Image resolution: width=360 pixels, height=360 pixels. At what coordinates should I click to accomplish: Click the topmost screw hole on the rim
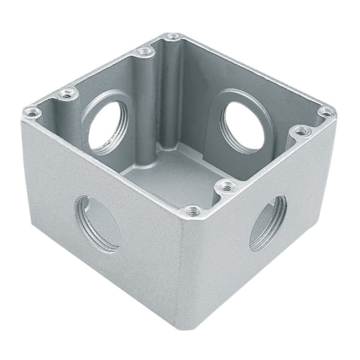pos(173,37)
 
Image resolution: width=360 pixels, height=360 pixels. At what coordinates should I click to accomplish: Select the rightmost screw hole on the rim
pos(326,112)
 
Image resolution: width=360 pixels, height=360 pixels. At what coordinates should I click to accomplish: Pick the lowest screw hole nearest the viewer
pos(192,210)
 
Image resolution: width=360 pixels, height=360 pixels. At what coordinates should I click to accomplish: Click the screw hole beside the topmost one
pos(145,52)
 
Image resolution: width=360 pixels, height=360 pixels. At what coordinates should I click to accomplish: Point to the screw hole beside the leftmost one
pos(68,93)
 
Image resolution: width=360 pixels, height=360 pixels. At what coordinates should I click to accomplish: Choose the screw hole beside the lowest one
pos(225,187)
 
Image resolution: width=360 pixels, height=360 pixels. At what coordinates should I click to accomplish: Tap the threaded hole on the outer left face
pos(98,224)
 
